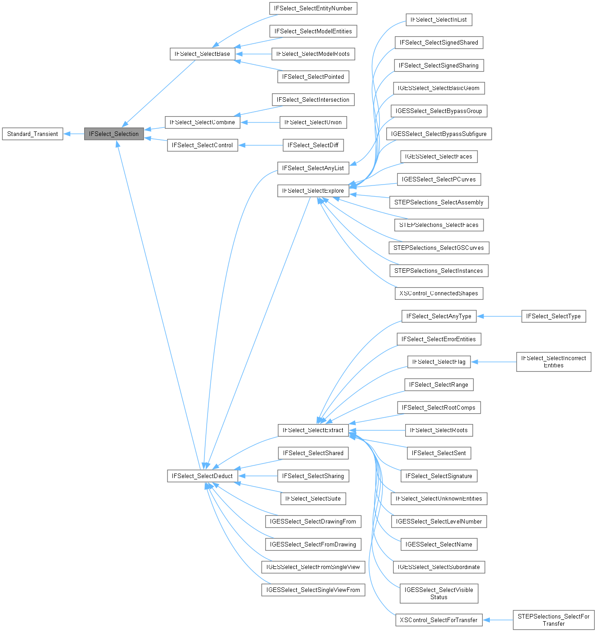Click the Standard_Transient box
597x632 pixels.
32,134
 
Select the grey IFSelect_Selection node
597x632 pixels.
114,134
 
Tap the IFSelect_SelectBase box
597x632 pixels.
202,54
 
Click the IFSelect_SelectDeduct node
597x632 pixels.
202,476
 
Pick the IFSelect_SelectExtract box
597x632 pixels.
313,430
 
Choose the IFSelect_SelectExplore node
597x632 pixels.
313,190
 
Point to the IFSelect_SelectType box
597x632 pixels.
553,316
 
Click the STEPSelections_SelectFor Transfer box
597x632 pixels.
553,620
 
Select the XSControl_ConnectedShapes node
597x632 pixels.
439,293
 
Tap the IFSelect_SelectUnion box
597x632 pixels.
313,122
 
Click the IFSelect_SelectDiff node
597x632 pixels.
313,145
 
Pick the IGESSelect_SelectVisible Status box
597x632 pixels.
439,593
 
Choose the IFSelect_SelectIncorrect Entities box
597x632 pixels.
553,361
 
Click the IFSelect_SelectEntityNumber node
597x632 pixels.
313,8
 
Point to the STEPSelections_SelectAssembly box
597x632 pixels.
439,202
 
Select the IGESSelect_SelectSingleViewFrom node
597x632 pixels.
313,590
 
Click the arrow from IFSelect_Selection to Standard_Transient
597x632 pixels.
74,134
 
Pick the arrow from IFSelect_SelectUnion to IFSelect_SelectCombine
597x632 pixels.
260,122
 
